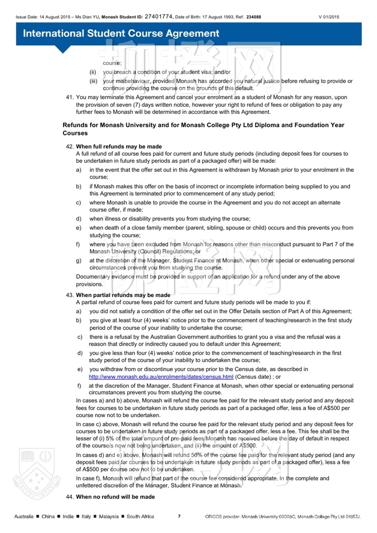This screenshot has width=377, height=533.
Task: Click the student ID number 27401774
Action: pos(159,17)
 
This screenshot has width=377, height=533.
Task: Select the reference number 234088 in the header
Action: pos(253,17)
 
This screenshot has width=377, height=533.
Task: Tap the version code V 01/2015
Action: pos(329,17)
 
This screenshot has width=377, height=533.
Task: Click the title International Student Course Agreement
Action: pos(121,33)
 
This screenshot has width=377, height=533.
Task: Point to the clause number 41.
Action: pos(69,97)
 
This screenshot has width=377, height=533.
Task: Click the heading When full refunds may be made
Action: pos(119,146)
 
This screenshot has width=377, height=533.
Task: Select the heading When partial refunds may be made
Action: pos(123,295)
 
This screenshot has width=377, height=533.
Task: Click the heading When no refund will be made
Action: pos(115,497)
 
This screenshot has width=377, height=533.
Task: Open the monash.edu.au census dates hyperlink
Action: pos(161,377)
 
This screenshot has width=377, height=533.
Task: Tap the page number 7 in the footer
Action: pos(179,516)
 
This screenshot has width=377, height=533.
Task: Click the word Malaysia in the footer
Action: pos(109,516)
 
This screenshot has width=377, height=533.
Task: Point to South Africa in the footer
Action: pos(140,516)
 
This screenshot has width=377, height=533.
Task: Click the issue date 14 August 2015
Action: pos(55,17)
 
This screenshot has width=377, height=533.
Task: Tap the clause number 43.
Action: pos(69,295)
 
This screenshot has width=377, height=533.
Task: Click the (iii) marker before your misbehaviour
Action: pos(93,81)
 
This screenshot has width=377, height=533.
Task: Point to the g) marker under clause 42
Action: pos(79,261)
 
